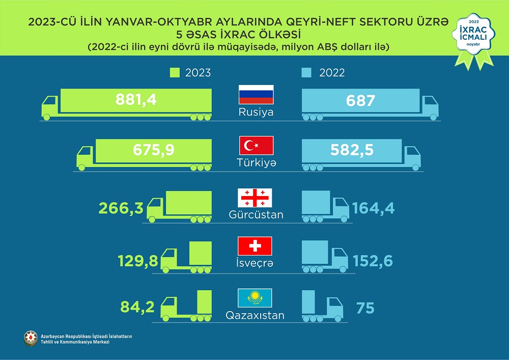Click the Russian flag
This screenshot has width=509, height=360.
coord(257,95)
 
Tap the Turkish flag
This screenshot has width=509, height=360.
coord(257,146)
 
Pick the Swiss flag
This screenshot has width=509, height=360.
coord(255,246)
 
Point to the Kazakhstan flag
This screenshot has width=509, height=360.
coord(255,297)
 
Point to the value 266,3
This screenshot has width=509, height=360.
coord(122,207)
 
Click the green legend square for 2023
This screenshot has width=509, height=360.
coord(174,73)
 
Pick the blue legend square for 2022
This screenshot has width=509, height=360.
coord(306,73)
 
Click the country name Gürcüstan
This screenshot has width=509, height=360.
coord(256,215)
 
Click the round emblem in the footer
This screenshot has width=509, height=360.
coord(31,338)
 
